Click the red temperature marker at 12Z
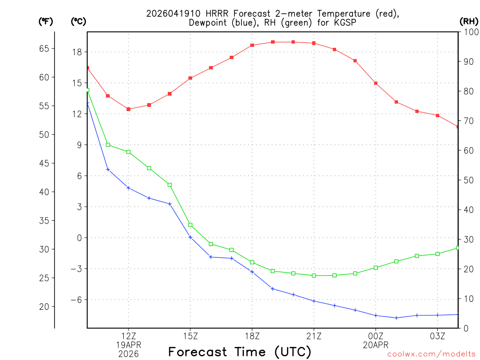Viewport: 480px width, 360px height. [128, 109]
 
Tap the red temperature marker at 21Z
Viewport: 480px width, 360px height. [314, 43]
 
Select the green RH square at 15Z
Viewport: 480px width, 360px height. [190, 225]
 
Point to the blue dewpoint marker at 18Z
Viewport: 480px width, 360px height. [252, 272]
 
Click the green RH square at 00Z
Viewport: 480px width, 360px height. [376, 268]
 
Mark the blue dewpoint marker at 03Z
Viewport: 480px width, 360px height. [438, 315]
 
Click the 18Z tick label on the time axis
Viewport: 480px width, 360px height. [252, 336]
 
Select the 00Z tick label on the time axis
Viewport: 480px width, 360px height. [376, 336]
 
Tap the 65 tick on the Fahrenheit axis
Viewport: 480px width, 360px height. [44, 48]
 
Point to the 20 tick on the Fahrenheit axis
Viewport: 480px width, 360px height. [44, 307]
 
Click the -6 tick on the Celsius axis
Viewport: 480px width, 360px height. [75, 300]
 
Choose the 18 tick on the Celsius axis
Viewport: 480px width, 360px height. [76, 52]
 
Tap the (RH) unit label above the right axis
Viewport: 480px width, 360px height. [468, 21]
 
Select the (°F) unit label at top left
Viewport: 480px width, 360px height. [45, 21]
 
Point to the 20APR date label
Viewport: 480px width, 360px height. [376, 345]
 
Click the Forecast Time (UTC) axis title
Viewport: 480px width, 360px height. [240, 352]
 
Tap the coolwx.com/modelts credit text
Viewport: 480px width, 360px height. [431, 354]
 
